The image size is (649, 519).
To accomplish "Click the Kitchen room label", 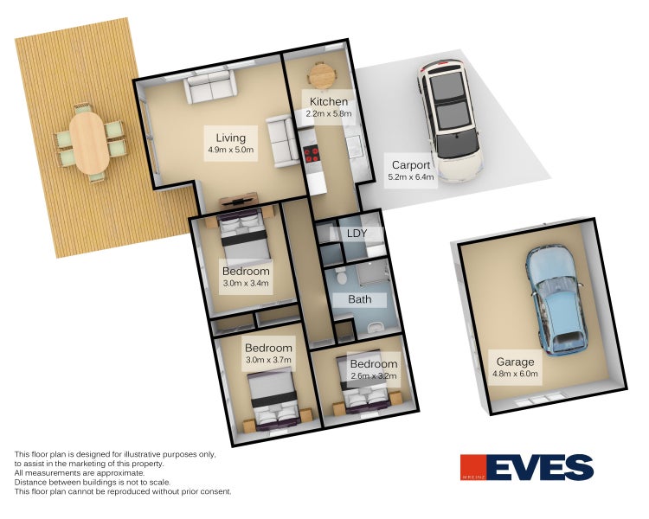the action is click(x=329, y=101).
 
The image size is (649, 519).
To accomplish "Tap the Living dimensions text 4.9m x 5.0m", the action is click(x=230, y=150).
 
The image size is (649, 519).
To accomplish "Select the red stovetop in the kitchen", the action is click(x=312, y=154).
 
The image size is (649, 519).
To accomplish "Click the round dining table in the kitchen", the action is click(x=321, y=75).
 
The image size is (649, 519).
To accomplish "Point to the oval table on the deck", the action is click(x=89, y=143).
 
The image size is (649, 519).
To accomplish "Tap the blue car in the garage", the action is click(x=556, y=301).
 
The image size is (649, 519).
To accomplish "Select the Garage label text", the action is click(x=515, y=362).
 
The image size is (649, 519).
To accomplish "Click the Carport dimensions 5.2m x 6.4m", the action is click(x=410, y=177).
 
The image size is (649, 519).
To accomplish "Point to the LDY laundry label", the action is click(x=357, y=234).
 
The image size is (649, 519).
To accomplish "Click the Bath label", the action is click(x=360, y=299).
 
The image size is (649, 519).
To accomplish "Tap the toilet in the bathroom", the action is click(x=342, y=276).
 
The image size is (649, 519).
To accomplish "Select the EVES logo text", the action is click(x=540, y=468).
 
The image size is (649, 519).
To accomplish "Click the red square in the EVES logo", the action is click(x=473, y=468).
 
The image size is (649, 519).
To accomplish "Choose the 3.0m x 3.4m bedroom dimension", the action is click(x=246, y=284).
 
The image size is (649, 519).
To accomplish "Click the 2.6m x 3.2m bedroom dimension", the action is click(x=373, y=375).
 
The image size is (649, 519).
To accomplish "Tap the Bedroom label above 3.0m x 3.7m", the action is click(x=268, y=348).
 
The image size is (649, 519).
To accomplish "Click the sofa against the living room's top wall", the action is click(x=210, y=86).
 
